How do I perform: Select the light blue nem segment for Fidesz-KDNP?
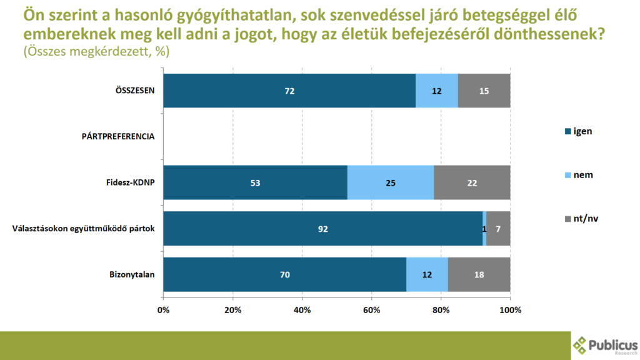pyautogui.click(x=390, y=182)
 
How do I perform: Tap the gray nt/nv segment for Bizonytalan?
pyautogui.click(x=479, y=274)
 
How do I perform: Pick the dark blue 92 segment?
pyautogui.click(x=322, y=229)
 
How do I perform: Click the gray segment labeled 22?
pyautogui.click(x=472, y=182)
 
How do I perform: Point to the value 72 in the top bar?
pyautogui.click(x=289, y=91)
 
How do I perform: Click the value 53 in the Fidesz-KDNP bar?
pyautogui.click(x=254, y=183)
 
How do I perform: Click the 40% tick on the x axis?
pyautogui.click(x=302, y=310)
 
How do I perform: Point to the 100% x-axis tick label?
pyautogui.click(x=510, y=310)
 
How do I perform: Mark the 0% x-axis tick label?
pyautogui.click(x=164, y=310)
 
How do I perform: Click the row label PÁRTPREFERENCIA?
pyautogui.click(x=118, y=136)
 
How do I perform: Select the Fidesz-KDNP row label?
pyautogui.click(x=129, y=182)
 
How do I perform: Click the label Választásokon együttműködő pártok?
pyautogui.click(x=83, y=229)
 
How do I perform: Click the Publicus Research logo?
pyautogui.click(x=605, y=345)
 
